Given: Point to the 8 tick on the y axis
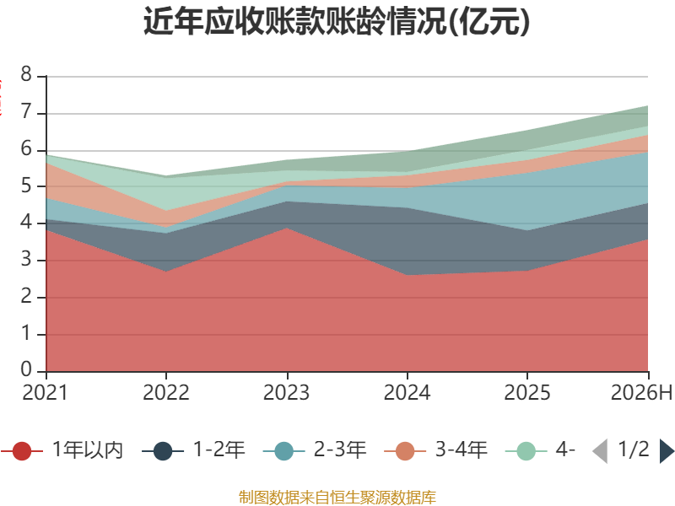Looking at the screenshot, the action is (26, 74).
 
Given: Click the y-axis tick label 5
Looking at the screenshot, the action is (26, 186).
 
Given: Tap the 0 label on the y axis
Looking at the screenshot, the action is (26, 369).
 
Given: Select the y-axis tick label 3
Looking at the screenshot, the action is (26, 260).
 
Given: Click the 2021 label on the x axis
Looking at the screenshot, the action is (46, 393).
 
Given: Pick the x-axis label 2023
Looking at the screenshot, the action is (286, 393).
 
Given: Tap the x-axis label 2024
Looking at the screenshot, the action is (407, 393).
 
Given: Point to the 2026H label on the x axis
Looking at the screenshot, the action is (641, 393).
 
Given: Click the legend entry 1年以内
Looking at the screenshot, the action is (62, 450).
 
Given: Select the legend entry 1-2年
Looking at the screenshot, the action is (193, 450).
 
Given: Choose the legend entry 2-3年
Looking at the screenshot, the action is (315, 450).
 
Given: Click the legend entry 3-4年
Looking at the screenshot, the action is (435, 450).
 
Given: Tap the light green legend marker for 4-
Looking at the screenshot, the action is (526, 451).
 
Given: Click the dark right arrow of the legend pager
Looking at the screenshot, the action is (667, 451).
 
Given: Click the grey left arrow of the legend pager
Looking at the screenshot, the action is (600, 451).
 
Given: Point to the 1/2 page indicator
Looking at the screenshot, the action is (634, 449).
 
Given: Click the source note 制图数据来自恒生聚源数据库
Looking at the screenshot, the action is (337, 498).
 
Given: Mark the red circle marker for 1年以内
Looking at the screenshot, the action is (22, 451).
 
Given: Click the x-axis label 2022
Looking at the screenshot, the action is (165, 393).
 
